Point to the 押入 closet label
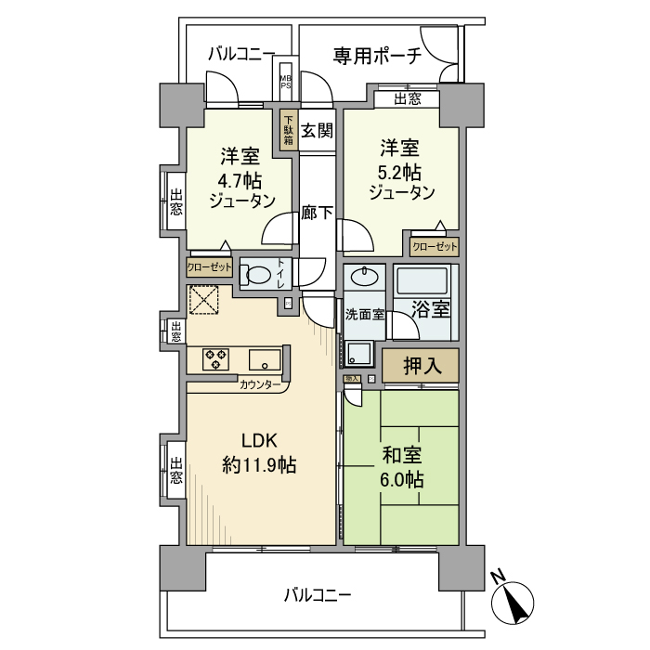(x=420, y=365)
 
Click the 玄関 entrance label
(x=317, y=131)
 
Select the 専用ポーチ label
(x=377, y=55)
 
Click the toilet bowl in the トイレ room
(x=258, y=275)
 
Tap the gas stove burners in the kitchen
(x=217, y=358)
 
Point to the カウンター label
(x=261, y=384)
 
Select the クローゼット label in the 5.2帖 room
(x=434, y=247)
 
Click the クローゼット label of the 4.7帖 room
(x=210, y=266)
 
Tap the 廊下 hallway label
(x=317, y=213)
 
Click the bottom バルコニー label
(x=318, y=593)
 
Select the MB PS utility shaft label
(x=285, y=83)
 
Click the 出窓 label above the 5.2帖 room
(x=406, y=98)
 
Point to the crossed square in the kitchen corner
(x=202, y=300)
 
